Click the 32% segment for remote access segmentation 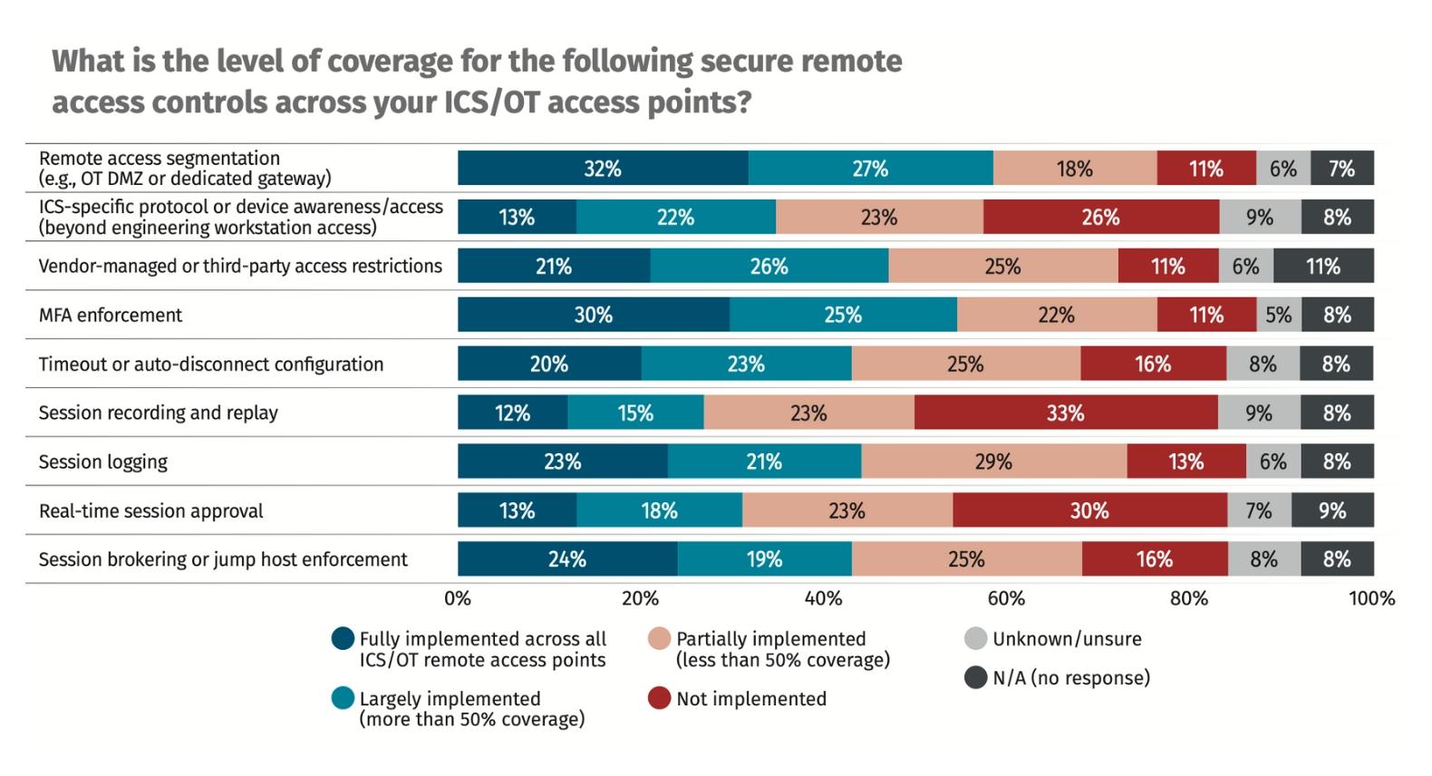point(603,169)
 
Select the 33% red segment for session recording point(1065,412)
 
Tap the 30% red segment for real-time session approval point(1089,510)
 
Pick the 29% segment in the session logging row point(993,461)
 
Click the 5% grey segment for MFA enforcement point(1278,315)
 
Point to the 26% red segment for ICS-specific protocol point(1100,218)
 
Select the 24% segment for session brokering point(566,559)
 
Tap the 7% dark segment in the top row point(1341,169)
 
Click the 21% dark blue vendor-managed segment point(553,267)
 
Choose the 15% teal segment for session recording point(635,412)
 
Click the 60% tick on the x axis point(1006,598)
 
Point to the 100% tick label point(1371,598)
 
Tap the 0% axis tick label point(458,598)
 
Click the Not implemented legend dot point(659,698)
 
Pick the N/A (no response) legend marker point(975,677)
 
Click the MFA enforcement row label point(110,315)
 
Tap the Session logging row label point(102,461)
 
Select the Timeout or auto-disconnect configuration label point(210,364)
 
